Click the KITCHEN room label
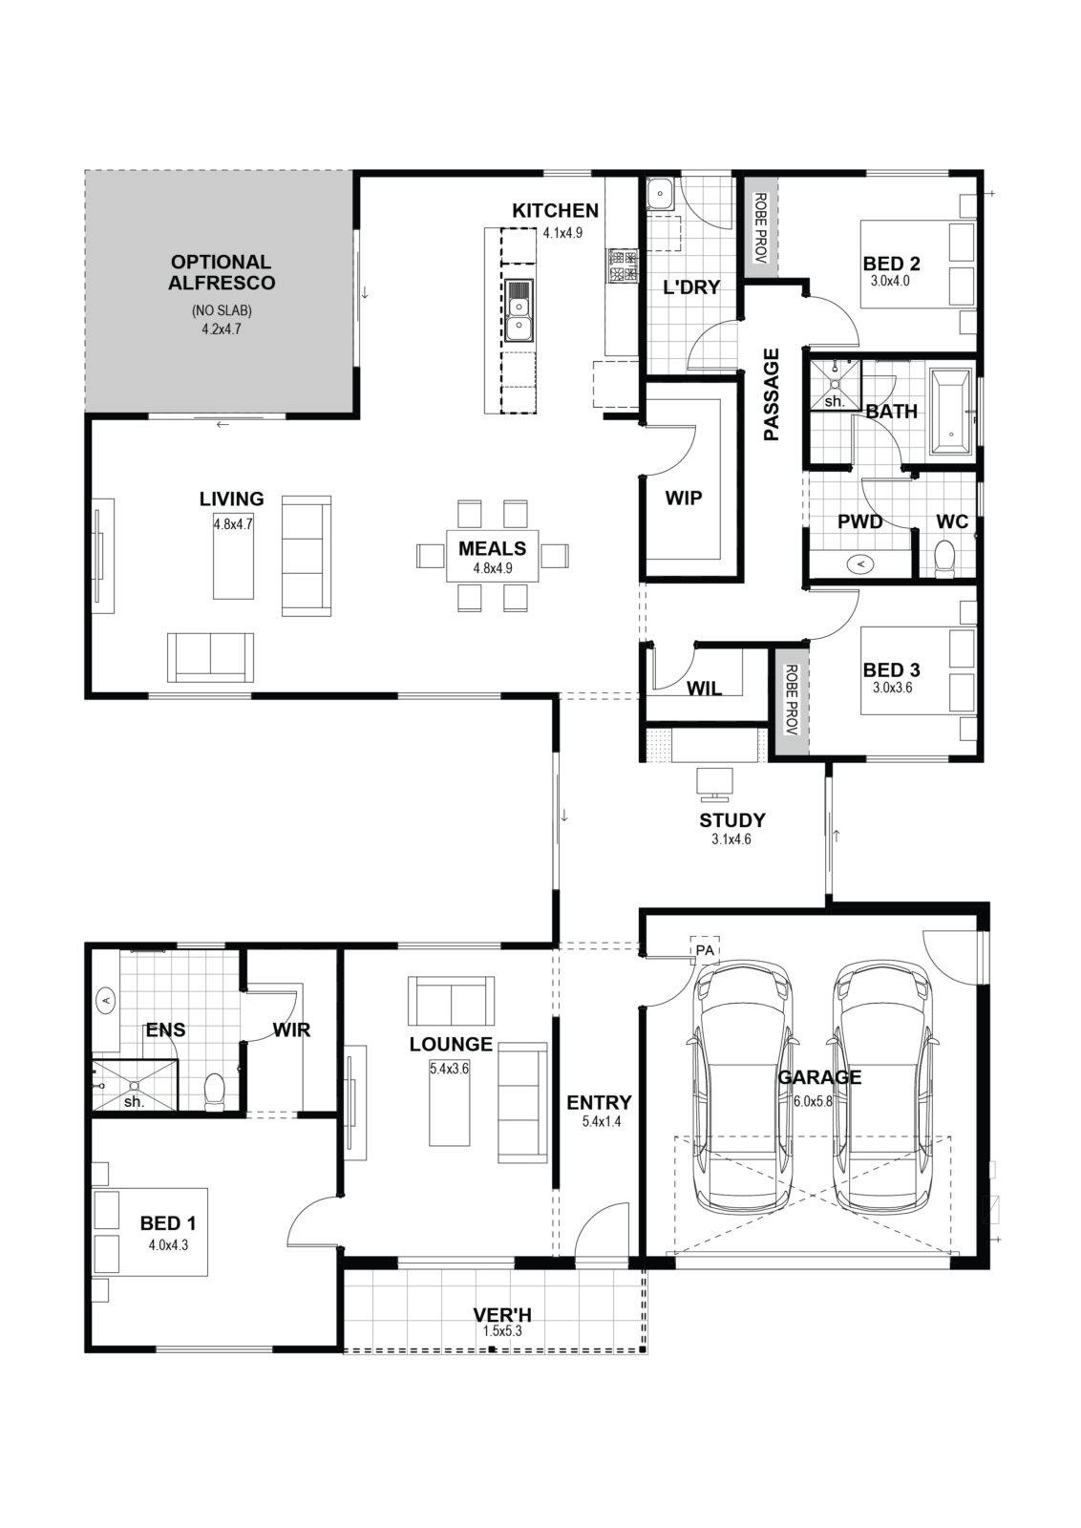click(555, 211)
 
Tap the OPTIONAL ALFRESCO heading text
click(222, 272)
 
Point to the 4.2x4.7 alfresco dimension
click(222, 329)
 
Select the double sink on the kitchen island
click(519, 310)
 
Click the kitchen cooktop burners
click(624, 266)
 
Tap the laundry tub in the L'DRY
click(660, 192)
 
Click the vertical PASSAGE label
click(772, 394)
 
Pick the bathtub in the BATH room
click(951, 412)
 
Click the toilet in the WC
click(944, 556)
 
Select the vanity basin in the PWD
click(860, 563)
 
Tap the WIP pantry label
click(684, 499)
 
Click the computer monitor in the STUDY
click(714, 784)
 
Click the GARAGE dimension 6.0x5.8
click(813, 1100)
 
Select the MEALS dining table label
click(492, 548)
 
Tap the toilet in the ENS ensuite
click(214, 1090)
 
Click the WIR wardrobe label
click(291, 1030)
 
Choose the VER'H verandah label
click(502, 1314)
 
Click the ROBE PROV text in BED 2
click(760, 228)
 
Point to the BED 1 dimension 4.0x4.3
click(168, 1245)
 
